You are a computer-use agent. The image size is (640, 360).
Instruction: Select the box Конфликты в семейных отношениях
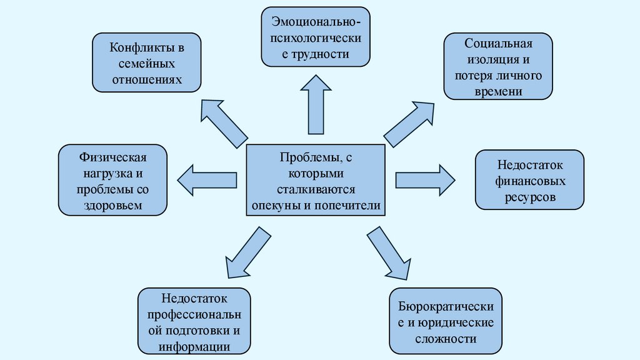click(x=147, y=63)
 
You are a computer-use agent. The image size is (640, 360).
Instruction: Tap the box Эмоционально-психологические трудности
click(x=316, y=37)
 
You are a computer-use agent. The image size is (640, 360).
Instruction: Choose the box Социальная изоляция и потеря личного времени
click(x=498, y=66)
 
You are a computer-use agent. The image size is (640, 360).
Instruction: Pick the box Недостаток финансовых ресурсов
click(x=530, y=181)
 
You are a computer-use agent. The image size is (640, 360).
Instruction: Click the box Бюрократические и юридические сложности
click(x=446, y=322)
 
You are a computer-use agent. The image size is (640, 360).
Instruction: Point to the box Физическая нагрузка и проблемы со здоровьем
click(x=113, y=180)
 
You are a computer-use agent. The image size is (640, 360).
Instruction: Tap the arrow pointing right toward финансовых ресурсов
click(x=425, y=180)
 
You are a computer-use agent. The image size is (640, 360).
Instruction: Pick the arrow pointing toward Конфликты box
click(x=223, y=122)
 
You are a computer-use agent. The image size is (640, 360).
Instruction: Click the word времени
click(x=498, y=91)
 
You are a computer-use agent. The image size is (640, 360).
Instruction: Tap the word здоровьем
click(x=113, y=205)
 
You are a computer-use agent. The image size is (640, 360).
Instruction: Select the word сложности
click(x=446, y=339)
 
